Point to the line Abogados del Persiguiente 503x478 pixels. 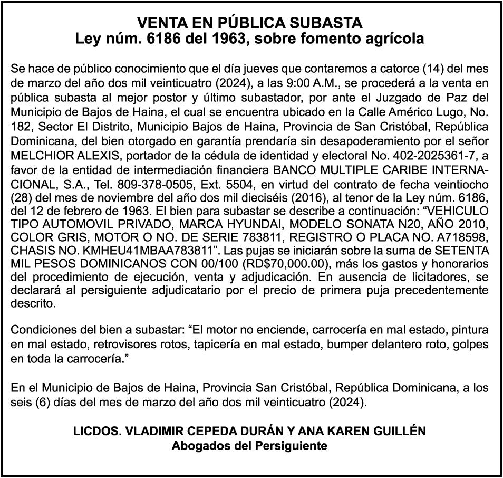click(x=249, y=446)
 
